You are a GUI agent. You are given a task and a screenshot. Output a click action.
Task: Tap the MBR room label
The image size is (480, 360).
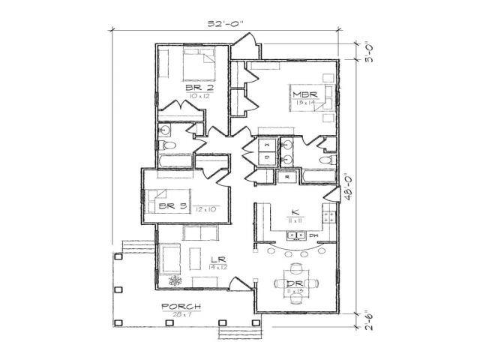pyautogui.click(x=302, y=94)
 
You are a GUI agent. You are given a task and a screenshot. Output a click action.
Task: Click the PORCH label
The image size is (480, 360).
pyautogui.click(x=181, y=306)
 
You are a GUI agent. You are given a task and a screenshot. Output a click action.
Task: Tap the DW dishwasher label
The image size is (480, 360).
pyautogui.click(x=313, y=235)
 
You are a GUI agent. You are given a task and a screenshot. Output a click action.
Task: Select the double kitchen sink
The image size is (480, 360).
pyautogui.click(x=295, y=235)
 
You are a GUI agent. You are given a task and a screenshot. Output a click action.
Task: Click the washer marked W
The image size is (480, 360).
pyautogui.click(x=268, y=142)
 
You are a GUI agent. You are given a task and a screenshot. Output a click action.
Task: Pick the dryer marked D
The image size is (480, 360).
pyautogui.click(x=268, y=157)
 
